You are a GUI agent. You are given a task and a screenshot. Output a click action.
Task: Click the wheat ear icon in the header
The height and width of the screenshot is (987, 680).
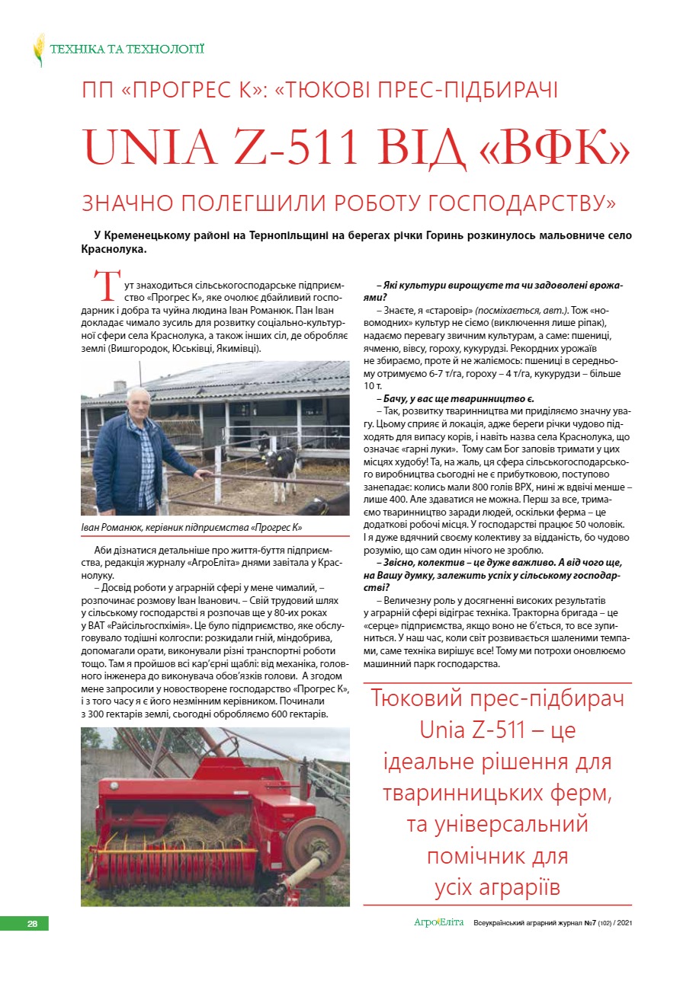[39, 50]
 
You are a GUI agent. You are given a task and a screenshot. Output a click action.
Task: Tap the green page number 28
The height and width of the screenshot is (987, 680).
[32, 924]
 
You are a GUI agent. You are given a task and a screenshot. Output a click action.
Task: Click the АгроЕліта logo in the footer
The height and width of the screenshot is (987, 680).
[438, 923]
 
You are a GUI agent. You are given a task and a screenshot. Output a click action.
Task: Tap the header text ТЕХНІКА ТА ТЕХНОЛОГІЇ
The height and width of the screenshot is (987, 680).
[127, 50]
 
